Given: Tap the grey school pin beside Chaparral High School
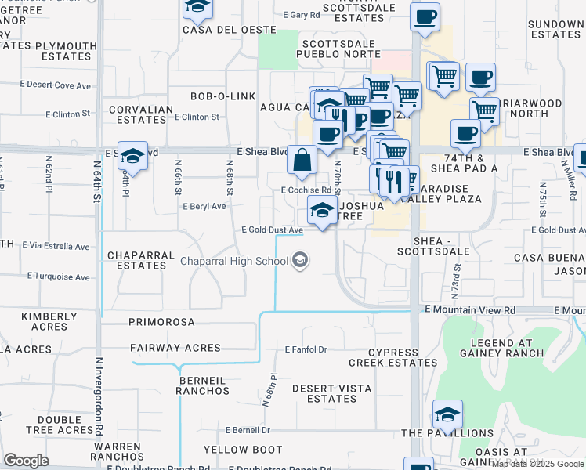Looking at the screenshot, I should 299,260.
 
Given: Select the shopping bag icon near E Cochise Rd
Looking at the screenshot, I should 302,161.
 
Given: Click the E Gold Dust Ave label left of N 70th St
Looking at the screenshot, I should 272,230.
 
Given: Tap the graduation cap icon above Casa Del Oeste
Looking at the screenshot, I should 198,9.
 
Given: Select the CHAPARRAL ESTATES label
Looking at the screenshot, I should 137,260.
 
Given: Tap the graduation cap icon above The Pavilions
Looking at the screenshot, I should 447,415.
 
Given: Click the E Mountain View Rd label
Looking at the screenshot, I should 470,309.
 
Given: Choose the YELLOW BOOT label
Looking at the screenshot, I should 243,450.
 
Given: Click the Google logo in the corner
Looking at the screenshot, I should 26,461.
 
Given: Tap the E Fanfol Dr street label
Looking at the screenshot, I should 306,349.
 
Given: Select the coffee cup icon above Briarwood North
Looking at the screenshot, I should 480,78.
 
